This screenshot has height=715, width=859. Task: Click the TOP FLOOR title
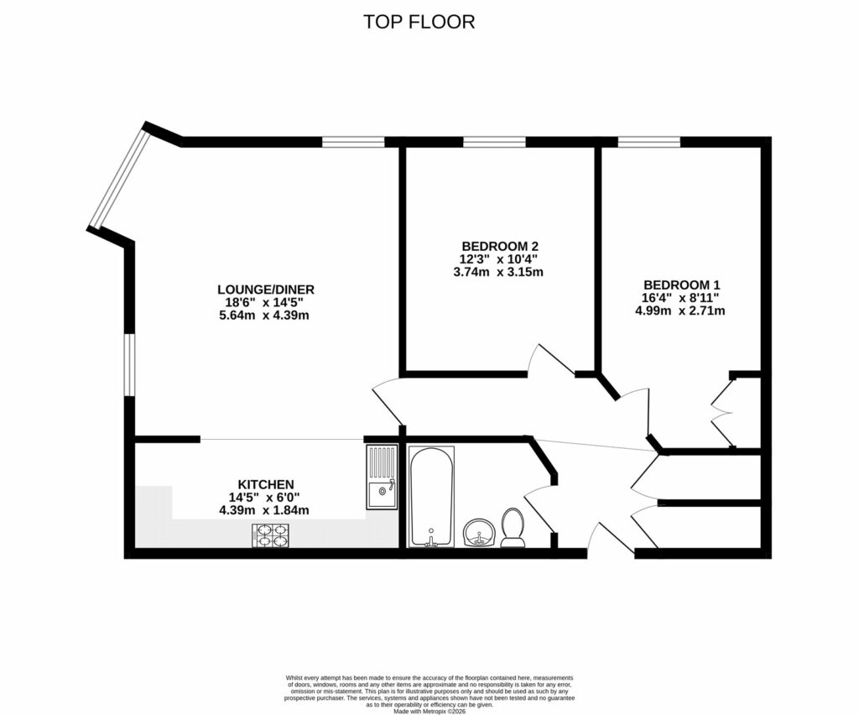[x=419, y=22]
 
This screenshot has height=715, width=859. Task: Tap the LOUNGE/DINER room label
[x=265, y=290]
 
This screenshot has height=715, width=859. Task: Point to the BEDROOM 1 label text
[x=680, y=284]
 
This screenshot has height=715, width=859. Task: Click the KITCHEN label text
[x=265, y=484]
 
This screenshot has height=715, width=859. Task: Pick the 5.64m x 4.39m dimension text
[x=265, y=316]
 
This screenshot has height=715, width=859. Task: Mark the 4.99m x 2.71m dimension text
[x=680, y=311]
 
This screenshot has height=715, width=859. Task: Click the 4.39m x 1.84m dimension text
[x=265, y=510]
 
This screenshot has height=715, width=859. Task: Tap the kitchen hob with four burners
[x=270, y=535]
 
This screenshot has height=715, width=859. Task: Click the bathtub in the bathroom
[x=431, y=497]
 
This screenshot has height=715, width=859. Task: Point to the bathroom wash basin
[x=478, y=532]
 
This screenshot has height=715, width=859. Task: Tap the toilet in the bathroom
[x=513, y=529]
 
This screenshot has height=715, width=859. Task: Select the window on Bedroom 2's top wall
[x=494, y=142]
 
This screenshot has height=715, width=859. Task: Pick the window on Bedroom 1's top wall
[x=648, y=142]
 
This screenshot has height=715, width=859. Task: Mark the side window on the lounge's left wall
[x=129, y=365]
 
